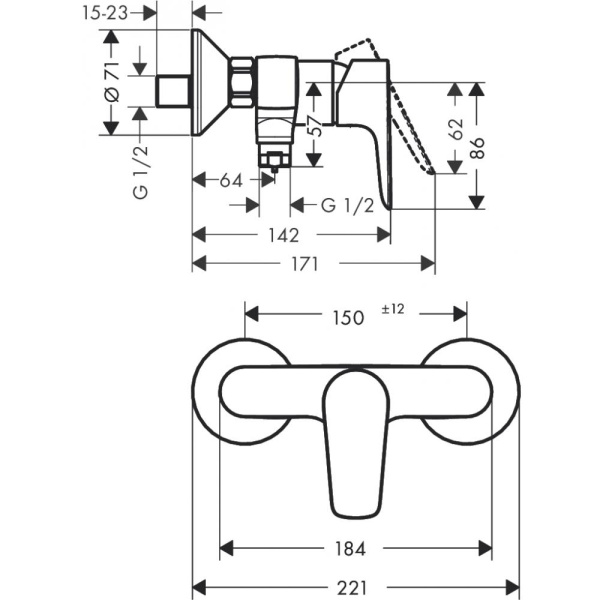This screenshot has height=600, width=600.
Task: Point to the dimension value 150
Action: click(346, 317)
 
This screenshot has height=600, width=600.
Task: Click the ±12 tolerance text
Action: click(392, 310)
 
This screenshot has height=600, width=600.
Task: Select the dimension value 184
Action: click(351, 548)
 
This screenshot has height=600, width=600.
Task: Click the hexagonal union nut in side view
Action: click(243, 82)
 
